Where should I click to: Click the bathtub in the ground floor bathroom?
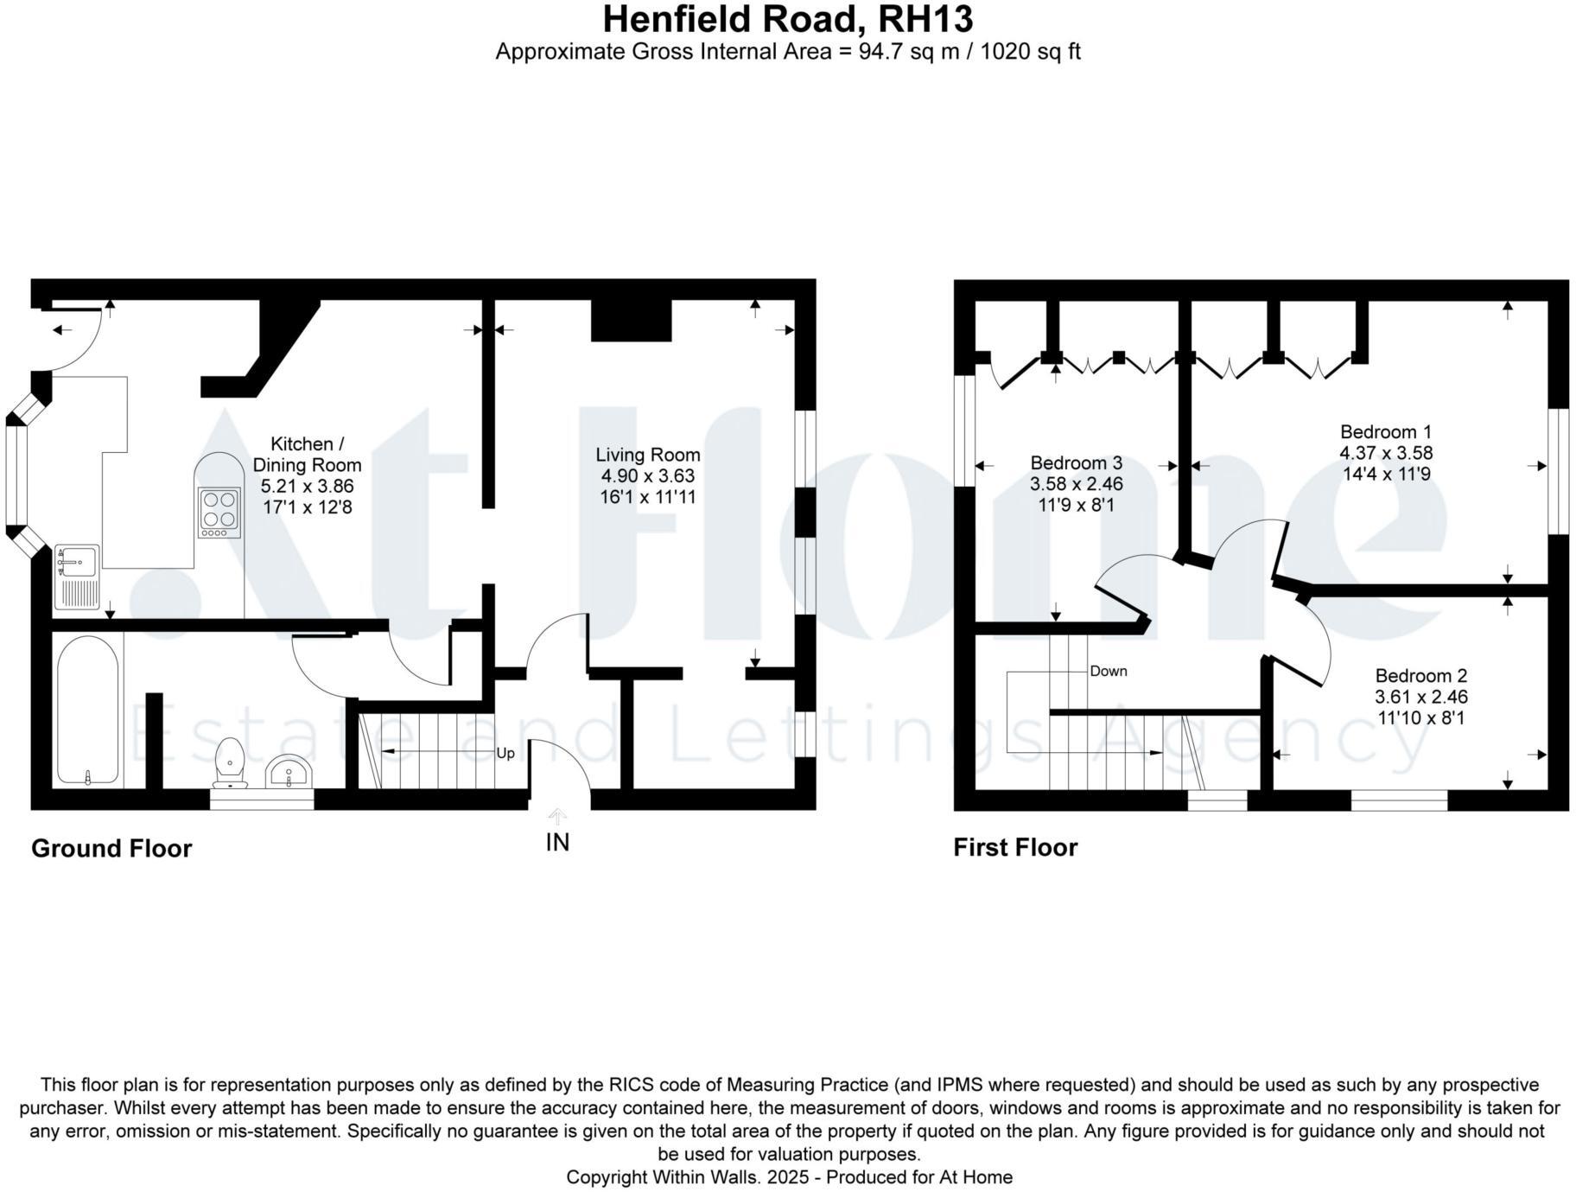87,711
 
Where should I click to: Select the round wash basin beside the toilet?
289,771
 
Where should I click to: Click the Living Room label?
647,455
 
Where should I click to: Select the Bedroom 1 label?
1385,431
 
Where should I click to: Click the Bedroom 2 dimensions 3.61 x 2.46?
1420,697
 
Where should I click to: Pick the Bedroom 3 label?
1076,462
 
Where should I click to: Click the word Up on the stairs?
505,753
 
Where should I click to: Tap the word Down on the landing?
1108,671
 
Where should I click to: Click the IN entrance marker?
557,842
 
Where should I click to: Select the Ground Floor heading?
111,848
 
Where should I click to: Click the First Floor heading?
1015,847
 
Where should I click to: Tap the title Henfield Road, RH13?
787,19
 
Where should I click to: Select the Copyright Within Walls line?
788,1176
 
